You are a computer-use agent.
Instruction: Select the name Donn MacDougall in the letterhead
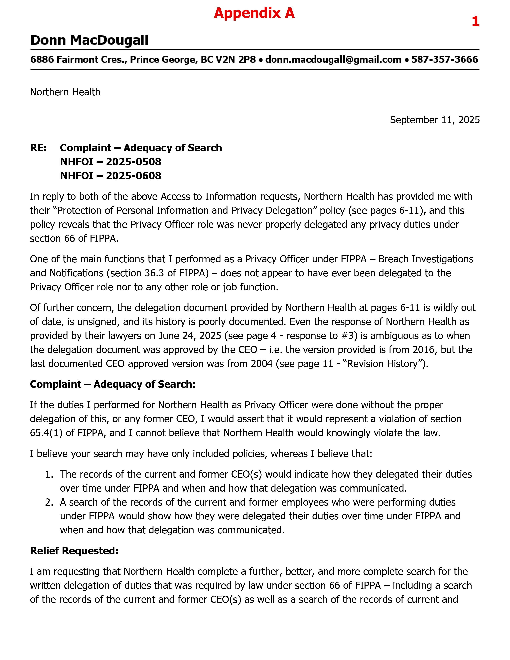coord(89,40)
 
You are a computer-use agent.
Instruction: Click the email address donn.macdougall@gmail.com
coord(333,60)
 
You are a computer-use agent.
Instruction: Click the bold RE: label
coord(38,148)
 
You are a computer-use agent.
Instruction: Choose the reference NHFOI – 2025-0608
coord(111,176)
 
